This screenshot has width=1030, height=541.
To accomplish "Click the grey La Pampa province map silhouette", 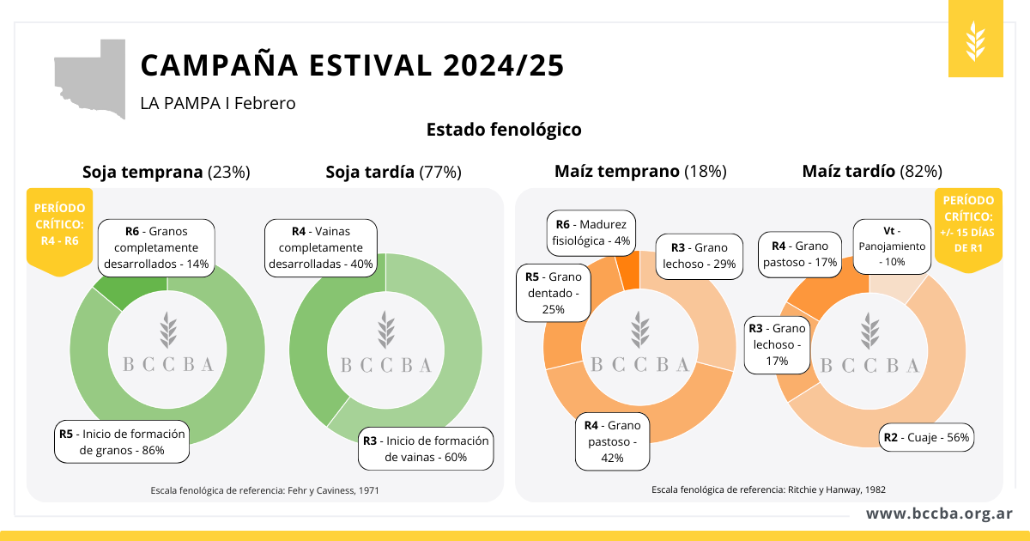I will tap(90, 77).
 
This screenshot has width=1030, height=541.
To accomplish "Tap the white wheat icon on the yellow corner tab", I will tap(976, 40).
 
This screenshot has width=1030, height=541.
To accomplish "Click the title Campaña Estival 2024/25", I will tap(352, 65).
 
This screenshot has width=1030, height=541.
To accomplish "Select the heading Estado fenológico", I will tap(504, 130).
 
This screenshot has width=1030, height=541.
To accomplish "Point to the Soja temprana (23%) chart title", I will tap(166, 172).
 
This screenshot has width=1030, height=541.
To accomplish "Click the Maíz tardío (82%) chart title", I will tap(872, 172).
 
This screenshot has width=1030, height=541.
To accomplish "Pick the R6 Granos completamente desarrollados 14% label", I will tap(154, 247).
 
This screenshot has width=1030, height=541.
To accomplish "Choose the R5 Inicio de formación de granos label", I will tap(121, 441).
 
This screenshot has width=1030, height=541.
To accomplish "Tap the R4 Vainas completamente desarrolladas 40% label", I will tap(321, 247).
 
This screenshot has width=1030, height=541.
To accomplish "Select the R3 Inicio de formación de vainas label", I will tap(427, 448).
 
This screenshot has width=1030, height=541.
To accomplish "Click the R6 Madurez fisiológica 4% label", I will tap(591, 233).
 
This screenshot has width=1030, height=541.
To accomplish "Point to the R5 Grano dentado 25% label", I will tap(554, 293).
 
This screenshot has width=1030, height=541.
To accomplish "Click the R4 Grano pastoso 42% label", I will tap(613, 441).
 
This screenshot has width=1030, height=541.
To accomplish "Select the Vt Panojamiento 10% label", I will tap(893, 246).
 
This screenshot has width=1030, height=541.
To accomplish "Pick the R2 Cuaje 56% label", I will tap(926, 437).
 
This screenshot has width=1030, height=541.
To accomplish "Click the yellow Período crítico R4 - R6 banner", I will tap(59, 228).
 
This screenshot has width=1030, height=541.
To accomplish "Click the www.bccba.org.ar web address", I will tap(938, 514).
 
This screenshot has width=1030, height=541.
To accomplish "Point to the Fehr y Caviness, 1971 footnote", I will tap(264, 489).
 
